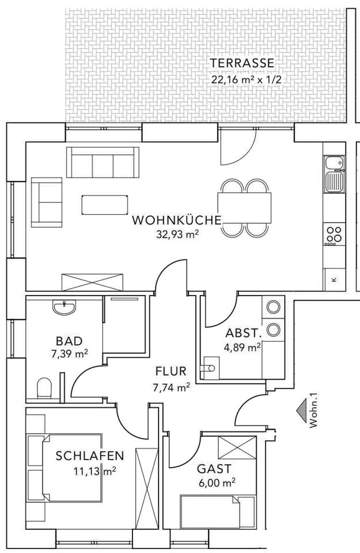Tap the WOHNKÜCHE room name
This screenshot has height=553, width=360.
click(176, 219)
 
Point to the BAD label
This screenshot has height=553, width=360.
click(69, 340)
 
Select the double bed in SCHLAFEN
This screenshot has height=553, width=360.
click(63, 469)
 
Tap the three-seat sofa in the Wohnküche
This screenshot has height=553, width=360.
click(103, 162)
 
